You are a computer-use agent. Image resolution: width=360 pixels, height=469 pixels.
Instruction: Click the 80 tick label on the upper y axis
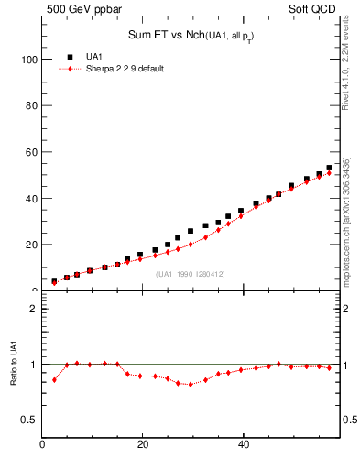tap(30, 105)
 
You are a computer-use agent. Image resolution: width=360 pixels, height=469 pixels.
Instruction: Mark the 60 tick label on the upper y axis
tap(30, 152)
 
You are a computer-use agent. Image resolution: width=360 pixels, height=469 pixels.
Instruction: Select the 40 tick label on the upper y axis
tap(30, 198)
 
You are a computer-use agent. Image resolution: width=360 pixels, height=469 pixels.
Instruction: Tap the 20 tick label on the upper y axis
tap(30, 245)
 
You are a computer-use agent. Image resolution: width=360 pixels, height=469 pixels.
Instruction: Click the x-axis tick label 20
tap(143, 445)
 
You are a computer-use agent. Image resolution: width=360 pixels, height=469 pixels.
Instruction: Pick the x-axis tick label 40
tap(243, 445)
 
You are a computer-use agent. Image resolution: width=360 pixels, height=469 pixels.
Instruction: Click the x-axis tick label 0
tap(43, 445)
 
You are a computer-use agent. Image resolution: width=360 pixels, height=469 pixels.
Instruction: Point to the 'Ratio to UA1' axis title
tap(15, 378)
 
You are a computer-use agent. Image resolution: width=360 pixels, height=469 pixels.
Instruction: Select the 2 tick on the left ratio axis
tap(33, 309)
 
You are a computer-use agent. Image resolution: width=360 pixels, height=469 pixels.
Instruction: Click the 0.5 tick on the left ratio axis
tap(29, 420)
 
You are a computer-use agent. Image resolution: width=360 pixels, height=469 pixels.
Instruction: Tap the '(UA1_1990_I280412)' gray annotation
tap(190, 274)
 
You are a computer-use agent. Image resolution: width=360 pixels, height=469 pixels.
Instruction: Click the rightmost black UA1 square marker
tap(329, 168)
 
